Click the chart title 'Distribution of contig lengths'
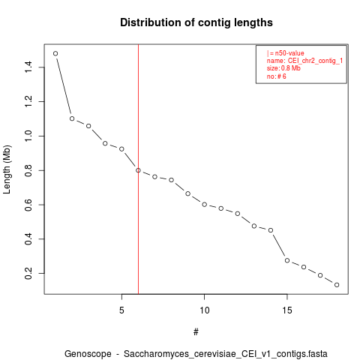[196, 22]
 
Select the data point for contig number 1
[55, 53]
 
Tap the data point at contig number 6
[138, 170]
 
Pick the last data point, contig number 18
[337, 285]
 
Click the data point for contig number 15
[287, 260]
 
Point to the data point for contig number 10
[204, 205]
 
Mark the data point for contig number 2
[72, 118]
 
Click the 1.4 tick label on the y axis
[28, 67]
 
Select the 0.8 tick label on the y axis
[28, 170]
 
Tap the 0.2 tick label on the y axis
[28, 274]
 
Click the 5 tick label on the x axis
[121, 310]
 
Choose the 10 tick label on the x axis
[204, 310]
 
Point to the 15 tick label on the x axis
[287, 310]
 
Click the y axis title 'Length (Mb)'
[7, 169]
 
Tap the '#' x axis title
[196, 332]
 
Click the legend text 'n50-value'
[289, 53]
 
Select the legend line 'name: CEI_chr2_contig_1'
[304, 61]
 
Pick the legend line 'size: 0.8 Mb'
[283, 68]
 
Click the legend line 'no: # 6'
[277, 76]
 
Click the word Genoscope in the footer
[88, 354]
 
